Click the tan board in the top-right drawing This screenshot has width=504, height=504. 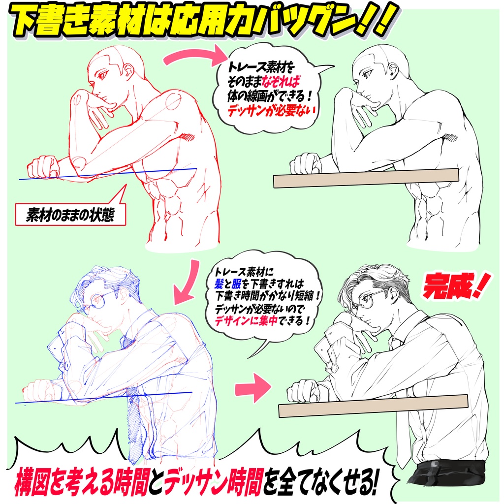(366, 178)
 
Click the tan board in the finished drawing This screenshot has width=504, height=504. (373, 406)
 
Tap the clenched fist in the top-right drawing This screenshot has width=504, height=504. (305, 163)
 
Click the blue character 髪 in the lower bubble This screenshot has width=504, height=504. (220, 284)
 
